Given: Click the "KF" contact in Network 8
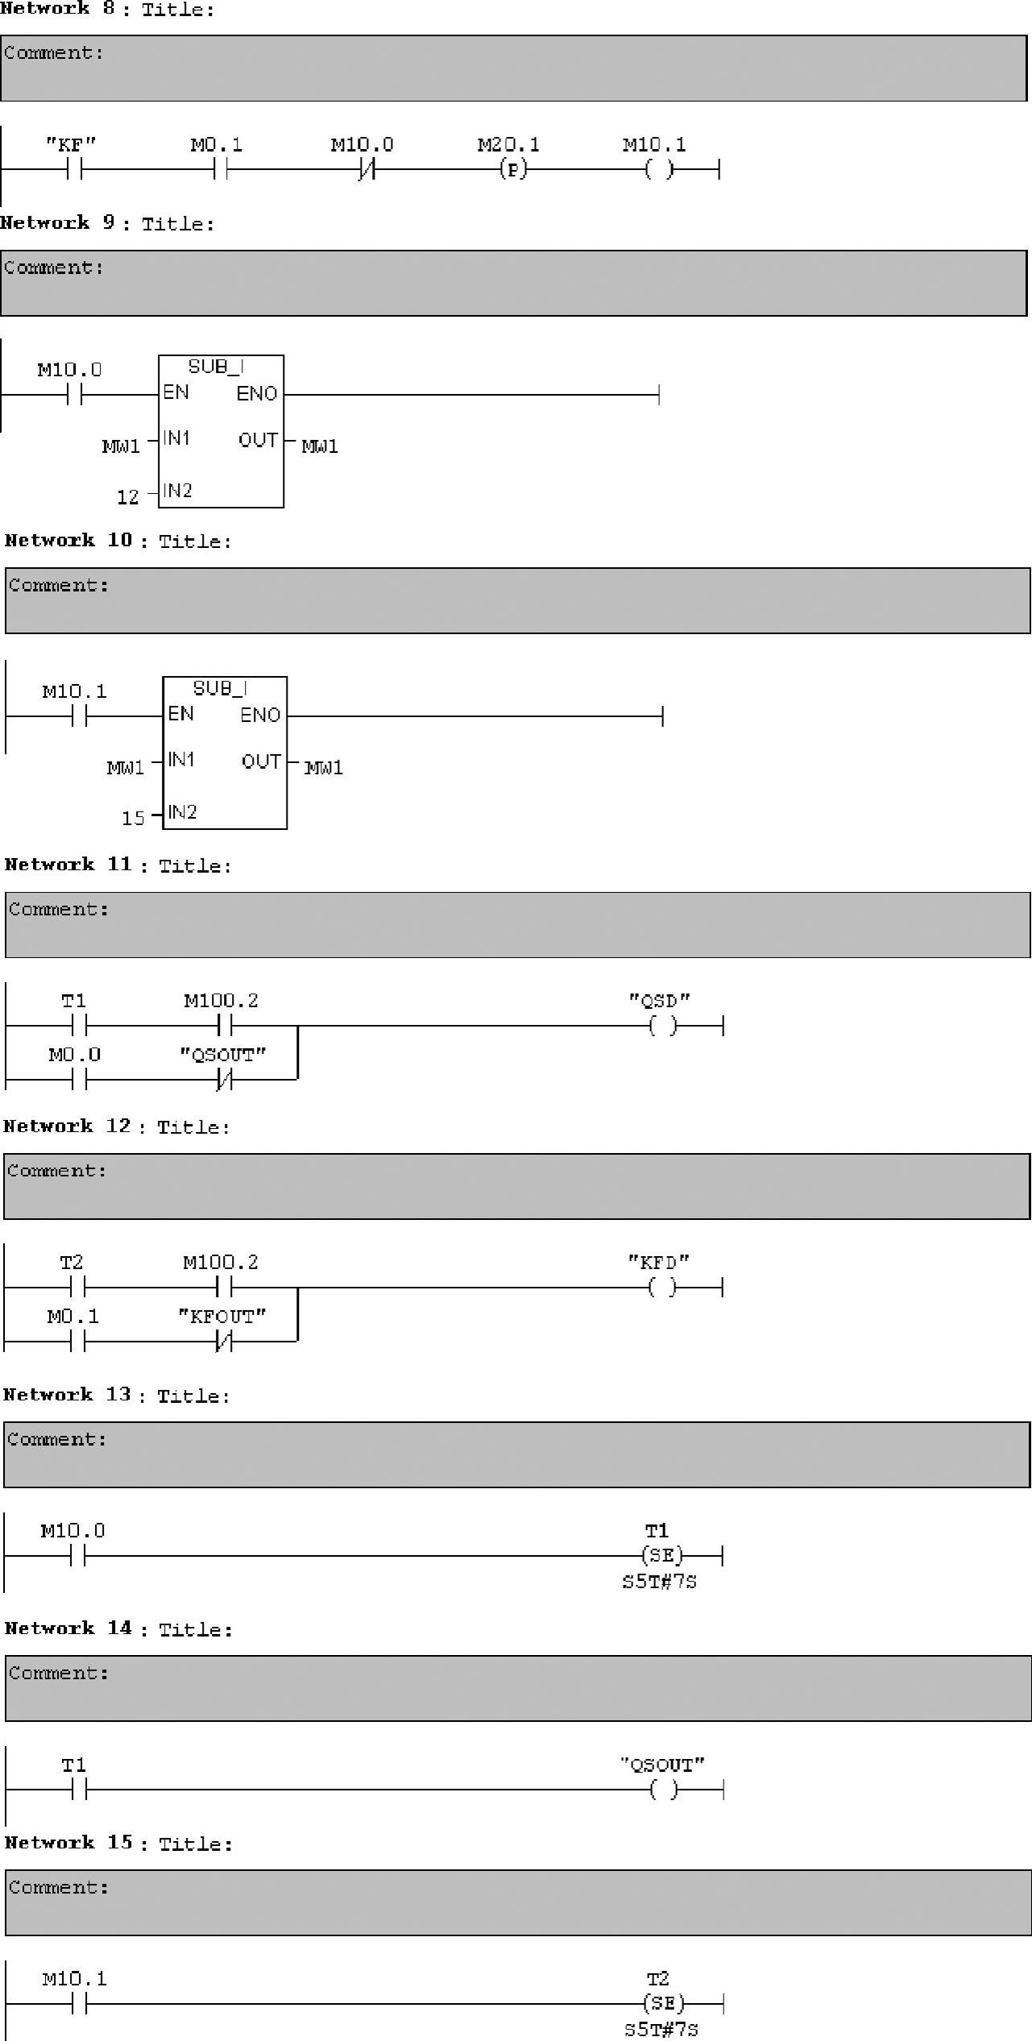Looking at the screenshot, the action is [x=76, y=169].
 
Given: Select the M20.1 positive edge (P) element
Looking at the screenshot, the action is [x=512, y=169].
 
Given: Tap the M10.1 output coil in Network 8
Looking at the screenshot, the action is [x=659, y=169].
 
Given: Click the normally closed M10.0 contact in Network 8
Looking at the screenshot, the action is [x=367, y=169].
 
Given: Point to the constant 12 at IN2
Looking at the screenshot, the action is [x=128, y=497].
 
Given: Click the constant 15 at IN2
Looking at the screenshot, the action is [x=133, y=819].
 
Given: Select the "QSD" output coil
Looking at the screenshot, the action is [x=662, y=1026].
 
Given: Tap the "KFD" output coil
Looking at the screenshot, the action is [x=662, y=1288].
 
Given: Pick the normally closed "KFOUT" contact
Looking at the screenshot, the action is [x=224, y=1342].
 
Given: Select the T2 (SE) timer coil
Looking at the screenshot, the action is [x=663, y=2003].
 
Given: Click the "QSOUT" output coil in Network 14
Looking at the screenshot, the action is [x=663, y=1790].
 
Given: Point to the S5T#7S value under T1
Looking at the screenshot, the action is [x=659, y=1582].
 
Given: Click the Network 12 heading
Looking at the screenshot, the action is [x=117, y=1126].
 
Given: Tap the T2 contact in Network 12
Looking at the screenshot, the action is [x=78, y=1288].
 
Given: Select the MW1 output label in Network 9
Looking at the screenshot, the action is [x=320, y=446].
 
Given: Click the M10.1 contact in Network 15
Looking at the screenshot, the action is [x=79, y=2003].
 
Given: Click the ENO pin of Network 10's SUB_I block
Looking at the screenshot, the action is [x=260, y=715].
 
